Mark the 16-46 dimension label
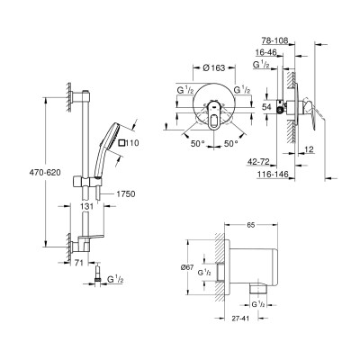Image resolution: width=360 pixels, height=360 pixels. point(272,53)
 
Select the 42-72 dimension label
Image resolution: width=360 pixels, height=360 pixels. point(273,159)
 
